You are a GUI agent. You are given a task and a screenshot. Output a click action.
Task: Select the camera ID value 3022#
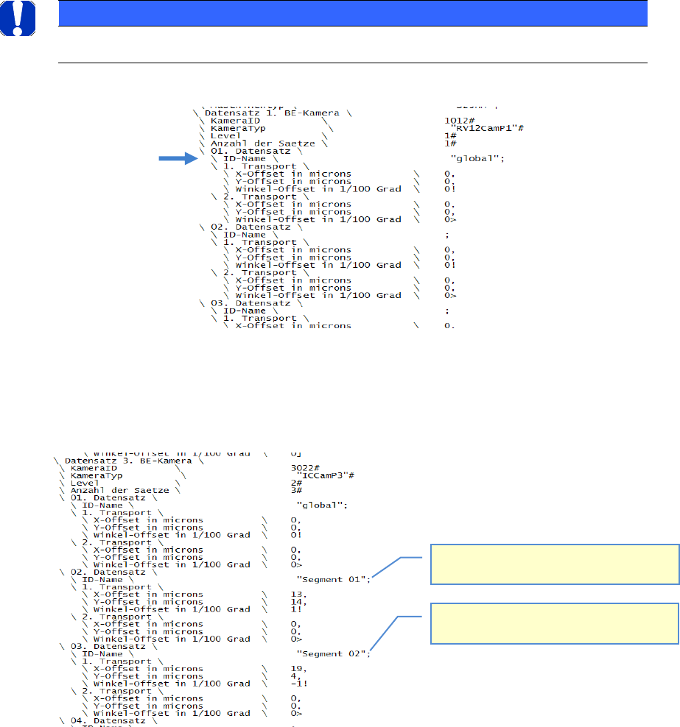(304, 467)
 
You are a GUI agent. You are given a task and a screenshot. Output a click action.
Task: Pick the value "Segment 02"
(331, 653)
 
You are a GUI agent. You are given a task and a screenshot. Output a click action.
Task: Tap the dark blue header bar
(352, 13)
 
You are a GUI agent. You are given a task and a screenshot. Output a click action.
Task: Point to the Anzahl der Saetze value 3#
(296, 490)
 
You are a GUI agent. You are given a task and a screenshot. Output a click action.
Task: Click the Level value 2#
(296, 483)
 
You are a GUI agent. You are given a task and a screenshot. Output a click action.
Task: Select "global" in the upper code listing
(475, 158)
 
